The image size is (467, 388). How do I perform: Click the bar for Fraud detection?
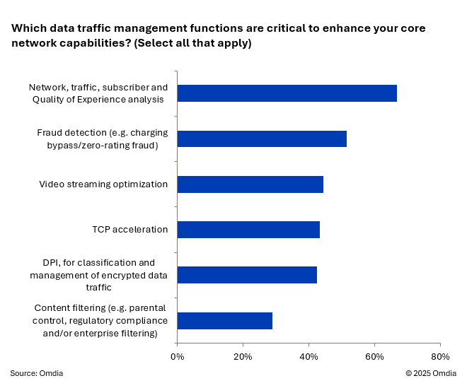[262, 139]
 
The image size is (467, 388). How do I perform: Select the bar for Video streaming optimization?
[250, 184]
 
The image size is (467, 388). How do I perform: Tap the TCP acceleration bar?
[248, 229]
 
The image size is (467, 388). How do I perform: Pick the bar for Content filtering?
[224, 320]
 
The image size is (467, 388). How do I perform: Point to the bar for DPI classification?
[247, 275]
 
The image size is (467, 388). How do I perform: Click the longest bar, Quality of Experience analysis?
[287, 93]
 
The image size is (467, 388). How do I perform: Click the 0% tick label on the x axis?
[177, 356]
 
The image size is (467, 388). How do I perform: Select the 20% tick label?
[243, 356]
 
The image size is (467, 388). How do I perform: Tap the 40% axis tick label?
[309, 356]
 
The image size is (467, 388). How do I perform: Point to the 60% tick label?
[374, 356]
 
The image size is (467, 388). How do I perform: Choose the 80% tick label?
[439, 356]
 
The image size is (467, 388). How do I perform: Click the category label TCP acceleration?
[129, 229]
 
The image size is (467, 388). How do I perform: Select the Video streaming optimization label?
[103, 184]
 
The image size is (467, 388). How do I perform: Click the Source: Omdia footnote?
[36, 373]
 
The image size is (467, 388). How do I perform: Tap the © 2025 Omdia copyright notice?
[431, 373]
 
